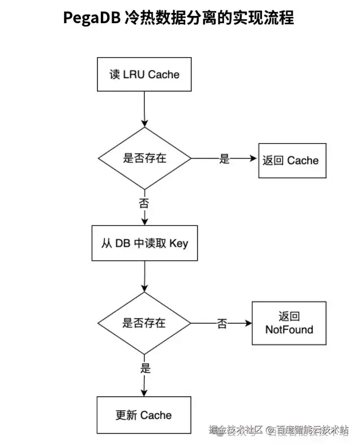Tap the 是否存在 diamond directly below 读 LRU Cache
click(x=144, y=158)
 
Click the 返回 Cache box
click(x=291, y=160)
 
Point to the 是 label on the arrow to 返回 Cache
click(x=225, y=159)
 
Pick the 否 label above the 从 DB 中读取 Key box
click(x=144, y=202)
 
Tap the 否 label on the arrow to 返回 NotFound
click(x=222, y=324)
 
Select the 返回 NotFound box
click(x=289, y=323)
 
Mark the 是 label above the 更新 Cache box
click(x=145, y=369)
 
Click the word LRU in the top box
click(x=134, y=75)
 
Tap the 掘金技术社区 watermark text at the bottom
click(x=236, y=431)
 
